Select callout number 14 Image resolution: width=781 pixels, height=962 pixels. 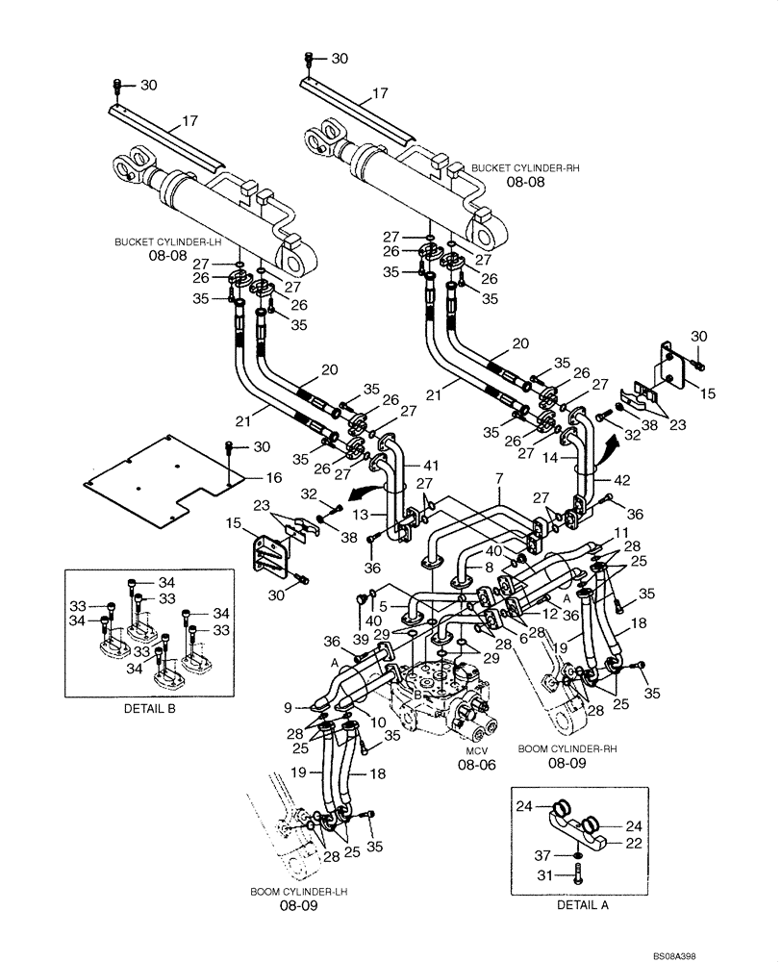552,459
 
